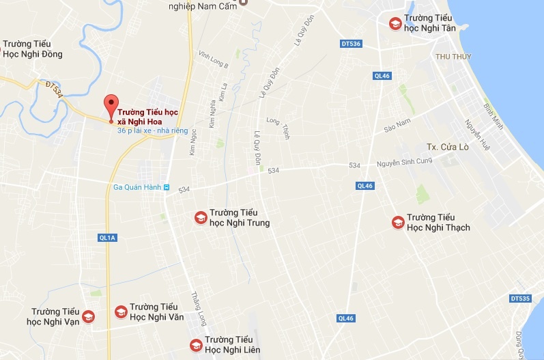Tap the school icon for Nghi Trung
(201, 217)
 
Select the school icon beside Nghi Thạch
(397, 222)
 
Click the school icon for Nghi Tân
(395, 24)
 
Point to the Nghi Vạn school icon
(87, 316)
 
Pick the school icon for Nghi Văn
(121, 311)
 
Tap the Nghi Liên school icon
(196, 344)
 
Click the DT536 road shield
(350, 44)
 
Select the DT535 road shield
(520, 299)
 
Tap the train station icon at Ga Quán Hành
(167, 187)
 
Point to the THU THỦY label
(451, 56)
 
